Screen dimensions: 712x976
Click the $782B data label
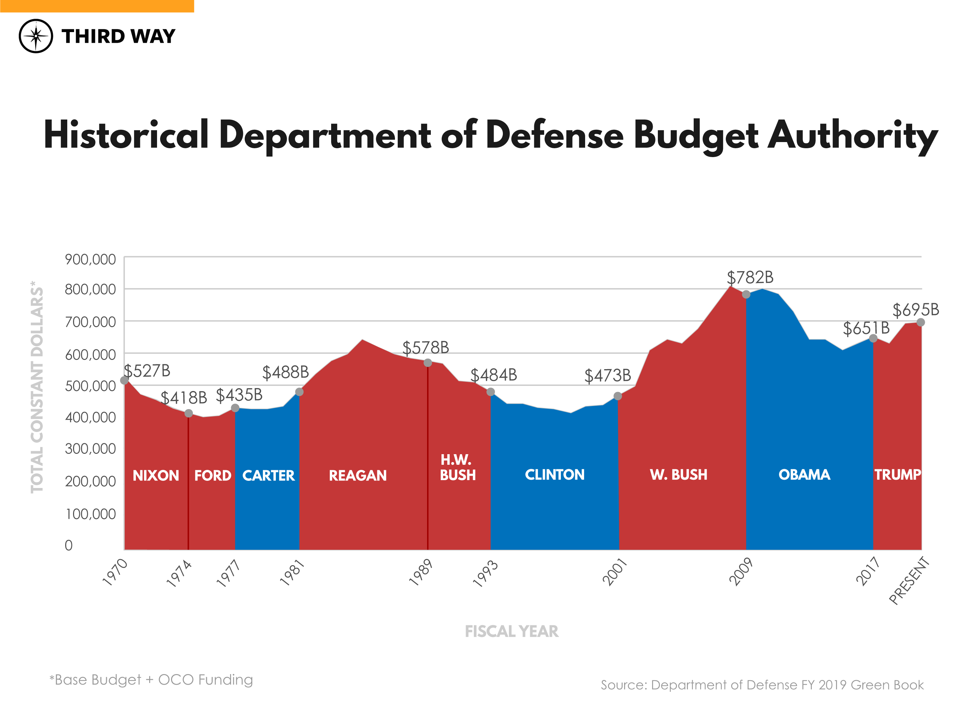[750, 278]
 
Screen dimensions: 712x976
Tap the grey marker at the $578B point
[428, 363]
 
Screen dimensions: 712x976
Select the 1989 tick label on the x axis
[421, 572]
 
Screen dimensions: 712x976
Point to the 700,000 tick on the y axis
[90, 322]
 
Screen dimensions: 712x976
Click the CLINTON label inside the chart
[555, 475]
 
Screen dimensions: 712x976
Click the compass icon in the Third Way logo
[36, 36]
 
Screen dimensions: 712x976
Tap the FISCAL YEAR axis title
[511, 631]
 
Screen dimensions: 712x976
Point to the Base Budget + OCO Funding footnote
[151, 680]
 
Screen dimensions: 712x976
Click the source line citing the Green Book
[762, 685]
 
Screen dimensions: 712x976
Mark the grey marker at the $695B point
[920, 322]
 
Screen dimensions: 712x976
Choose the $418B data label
[184, 398]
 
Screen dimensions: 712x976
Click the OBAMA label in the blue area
[804, 475]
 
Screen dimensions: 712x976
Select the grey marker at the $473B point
[618, 396]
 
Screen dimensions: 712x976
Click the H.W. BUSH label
[458, 467]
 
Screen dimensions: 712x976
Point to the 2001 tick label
[614, 572]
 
